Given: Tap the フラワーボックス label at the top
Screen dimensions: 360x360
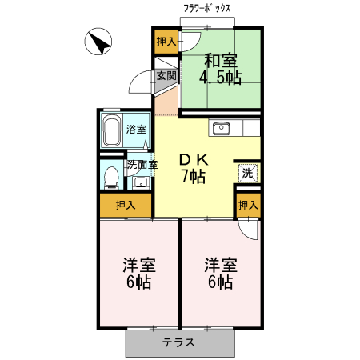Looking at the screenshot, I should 207,8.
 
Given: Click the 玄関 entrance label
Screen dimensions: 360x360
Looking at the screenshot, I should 166,76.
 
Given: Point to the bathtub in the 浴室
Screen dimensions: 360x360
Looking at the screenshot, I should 111,130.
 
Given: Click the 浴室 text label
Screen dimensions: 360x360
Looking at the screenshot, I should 136,130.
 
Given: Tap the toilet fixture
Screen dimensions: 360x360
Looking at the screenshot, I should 111,177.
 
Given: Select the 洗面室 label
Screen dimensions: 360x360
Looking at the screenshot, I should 142,166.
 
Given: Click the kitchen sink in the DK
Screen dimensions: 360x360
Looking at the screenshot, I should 221,128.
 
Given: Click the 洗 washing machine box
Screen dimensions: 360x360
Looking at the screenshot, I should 247,172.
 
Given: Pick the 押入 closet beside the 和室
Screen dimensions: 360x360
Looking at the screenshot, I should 166,42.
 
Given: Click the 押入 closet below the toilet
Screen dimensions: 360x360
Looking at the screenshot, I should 126,205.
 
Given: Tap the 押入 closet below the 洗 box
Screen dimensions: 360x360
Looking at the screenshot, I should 248,206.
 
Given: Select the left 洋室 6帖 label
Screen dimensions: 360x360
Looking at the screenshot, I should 138,273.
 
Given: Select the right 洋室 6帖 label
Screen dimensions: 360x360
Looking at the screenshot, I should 219,273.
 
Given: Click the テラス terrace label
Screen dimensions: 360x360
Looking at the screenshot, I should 179,342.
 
